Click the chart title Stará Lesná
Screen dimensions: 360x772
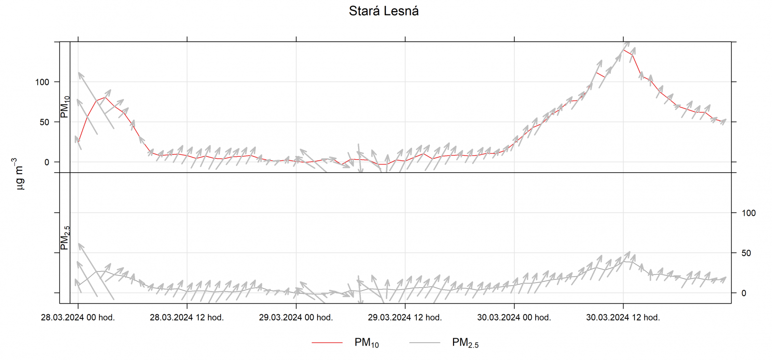tap(384, 11)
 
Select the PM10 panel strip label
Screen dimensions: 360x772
tap(65, 107)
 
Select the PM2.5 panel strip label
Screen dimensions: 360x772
tap(65, 238)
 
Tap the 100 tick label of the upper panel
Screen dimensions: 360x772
tap(42, 82)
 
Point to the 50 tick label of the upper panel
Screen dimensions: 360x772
tap(44, 122)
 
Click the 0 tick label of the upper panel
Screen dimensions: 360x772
tap(47, 162)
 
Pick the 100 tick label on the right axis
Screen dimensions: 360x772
tap(748, 213)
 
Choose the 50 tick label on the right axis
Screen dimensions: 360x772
tap(746, 253)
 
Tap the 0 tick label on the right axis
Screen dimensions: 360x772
tap(744, 293)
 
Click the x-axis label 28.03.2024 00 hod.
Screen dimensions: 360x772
tap(78, 318)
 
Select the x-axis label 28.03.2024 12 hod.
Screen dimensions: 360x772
tap(187, 318)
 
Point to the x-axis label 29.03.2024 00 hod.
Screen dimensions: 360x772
tap(296, 318)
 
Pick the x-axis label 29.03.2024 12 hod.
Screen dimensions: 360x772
tap(405, 318)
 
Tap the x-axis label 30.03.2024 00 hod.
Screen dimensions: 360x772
tap(514, 318)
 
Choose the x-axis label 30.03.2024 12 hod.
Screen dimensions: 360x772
tap(623, 318)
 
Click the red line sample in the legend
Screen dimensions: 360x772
tap(327, 343)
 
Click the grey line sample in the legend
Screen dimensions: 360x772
tap(425, 343)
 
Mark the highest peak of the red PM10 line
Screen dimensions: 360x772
tap(623, 49)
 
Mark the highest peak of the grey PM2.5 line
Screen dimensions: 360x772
tap(623, 261)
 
